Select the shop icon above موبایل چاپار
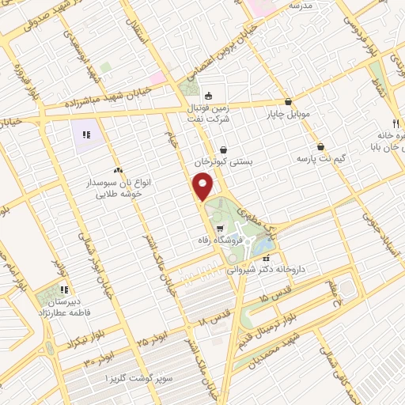click(x=287, y=102)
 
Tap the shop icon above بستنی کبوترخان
click(x=224, y=149)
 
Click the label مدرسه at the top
click(x=301, y=5)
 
